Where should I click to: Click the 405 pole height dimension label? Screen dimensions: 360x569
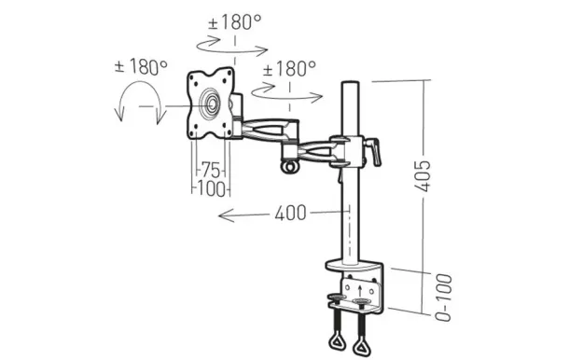pos(425,172)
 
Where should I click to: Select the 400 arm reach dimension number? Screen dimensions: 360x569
pos(290,214)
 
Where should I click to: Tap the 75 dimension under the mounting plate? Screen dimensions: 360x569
pos(212,171)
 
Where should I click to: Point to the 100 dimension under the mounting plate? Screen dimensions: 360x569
pos(212,188)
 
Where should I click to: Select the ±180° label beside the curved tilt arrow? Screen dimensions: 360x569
pos(141,67)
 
